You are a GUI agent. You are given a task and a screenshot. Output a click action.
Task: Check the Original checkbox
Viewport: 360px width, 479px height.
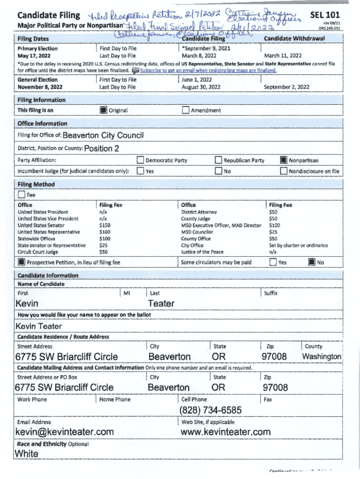point(103,110)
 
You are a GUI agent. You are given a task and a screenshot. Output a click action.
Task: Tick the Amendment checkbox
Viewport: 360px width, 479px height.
point(186,110)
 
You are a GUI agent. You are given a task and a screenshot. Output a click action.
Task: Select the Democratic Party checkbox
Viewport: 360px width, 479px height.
point(140,160)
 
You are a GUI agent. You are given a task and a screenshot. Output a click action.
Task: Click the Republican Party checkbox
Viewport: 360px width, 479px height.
point(218,160)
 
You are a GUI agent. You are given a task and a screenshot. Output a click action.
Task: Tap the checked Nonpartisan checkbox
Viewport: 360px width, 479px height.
point(283,160)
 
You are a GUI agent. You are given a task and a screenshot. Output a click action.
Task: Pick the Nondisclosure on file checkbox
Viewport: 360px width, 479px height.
point(283,171)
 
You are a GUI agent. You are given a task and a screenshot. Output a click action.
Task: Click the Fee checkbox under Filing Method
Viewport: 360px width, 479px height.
point(21,195)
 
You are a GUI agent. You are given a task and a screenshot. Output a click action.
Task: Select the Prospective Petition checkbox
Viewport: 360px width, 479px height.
point(22,262)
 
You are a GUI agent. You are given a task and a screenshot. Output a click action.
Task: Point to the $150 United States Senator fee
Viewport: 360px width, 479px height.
point(105,225)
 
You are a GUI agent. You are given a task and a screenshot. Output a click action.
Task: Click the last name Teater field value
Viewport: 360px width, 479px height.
point(161,304)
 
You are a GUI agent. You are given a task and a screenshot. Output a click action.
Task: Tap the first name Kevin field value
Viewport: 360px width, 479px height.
point(27,304)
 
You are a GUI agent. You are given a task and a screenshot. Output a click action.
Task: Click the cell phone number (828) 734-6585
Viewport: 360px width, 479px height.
point(210,410)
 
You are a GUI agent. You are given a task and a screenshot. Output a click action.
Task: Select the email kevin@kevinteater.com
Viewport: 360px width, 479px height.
point(65,431)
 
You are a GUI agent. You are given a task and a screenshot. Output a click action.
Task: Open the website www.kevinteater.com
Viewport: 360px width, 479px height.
point(225,431)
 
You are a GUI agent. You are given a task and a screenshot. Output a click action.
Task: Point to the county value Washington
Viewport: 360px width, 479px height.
point(322,357)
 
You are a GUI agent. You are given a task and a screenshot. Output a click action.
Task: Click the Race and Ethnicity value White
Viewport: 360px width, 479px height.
point(27,454)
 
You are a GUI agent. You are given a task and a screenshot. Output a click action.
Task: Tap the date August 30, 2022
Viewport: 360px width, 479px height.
point(201,87)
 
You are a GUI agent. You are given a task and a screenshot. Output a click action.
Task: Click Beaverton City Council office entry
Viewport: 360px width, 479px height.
point(103,136)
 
